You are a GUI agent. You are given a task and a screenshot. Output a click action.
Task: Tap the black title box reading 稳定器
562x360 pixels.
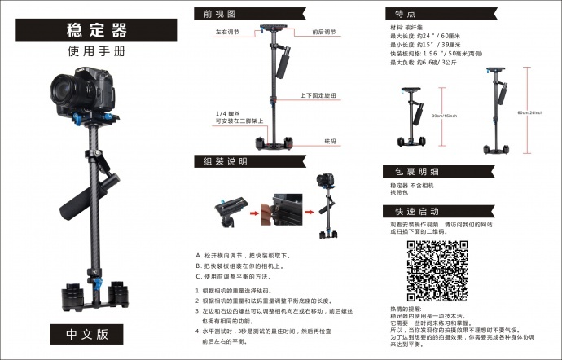point(96,30)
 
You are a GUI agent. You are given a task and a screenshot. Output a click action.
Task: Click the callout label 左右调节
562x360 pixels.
point(229,33)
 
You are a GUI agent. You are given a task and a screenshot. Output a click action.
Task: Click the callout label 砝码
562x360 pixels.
point(330,141)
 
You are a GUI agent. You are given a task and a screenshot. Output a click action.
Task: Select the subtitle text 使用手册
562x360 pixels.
point(96,50)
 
